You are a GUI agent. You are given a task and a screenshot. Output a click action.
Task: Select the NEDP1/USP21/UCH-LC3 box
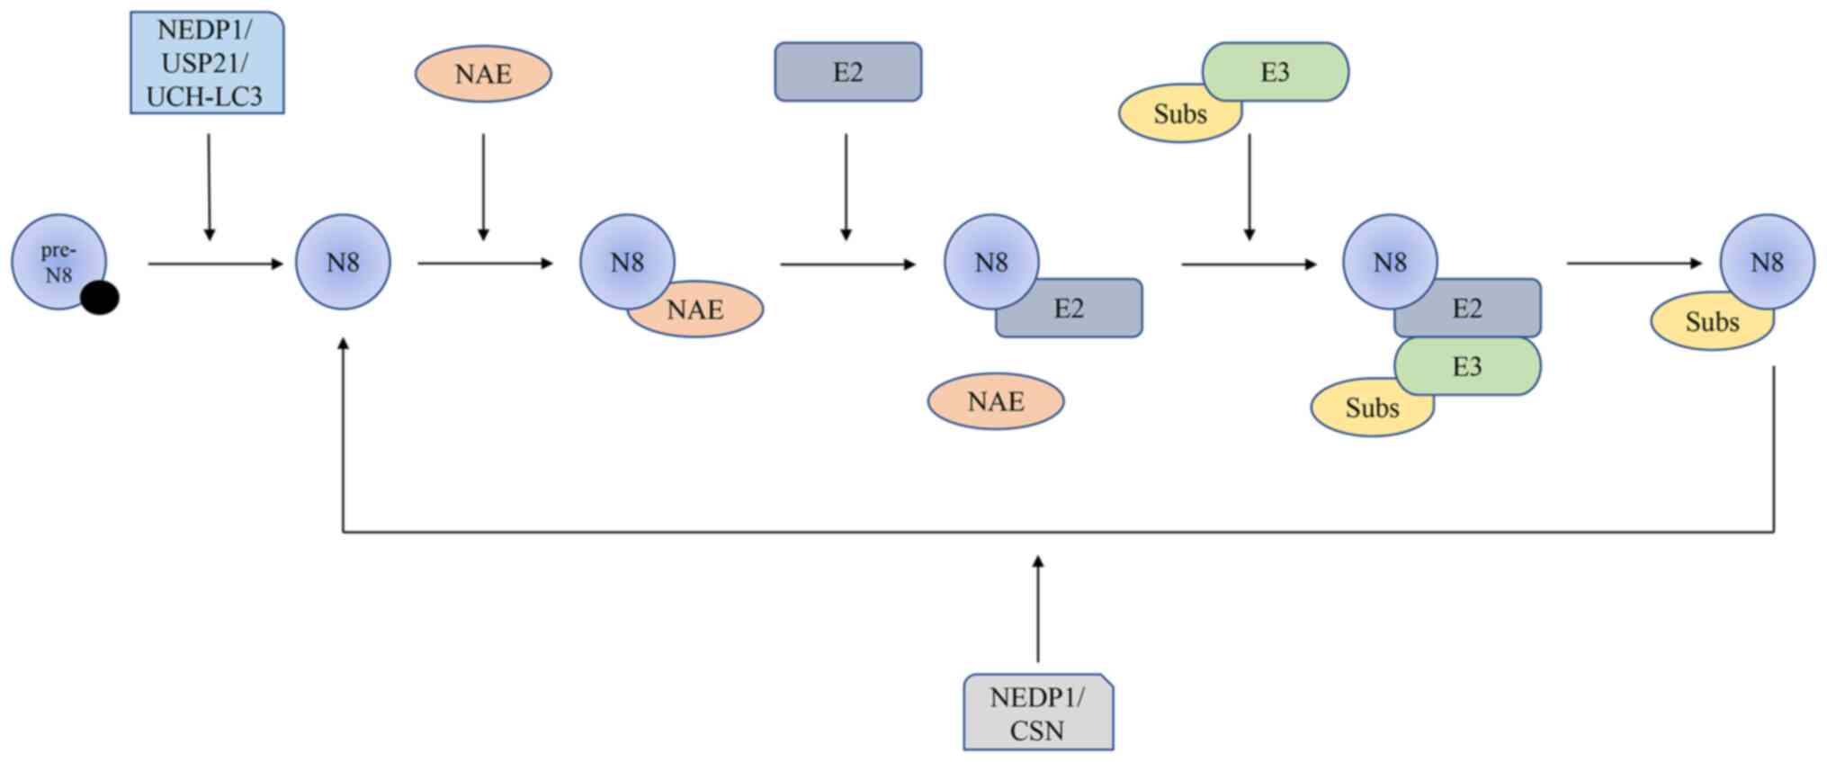tap(207, 63)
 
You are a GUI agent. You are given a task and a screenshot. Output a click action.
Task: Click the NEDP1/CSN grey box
tap(1037, 713)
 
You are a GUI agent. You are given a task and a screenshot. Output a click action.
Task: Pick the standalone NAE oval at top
tap(483, 74)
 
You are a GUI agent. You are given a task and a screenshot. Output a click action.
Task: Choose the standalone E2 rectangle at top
tap(847, 72)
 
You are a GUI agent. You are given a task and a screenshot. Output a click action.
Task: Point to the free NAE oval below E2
tap(996, 401)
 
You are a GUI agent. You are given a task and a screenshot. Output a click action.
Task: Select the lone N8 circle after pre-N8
tap(343, 262)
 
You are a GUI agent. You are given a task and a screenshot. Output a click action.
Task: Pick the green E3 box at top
tap(1276, 72)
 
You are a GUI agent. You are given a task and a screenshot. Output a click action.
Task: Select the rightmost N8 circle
tap(1767, 261)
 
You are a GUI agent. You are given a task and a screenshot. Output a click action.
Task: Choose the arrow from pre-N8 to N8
tap(215, 264)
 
